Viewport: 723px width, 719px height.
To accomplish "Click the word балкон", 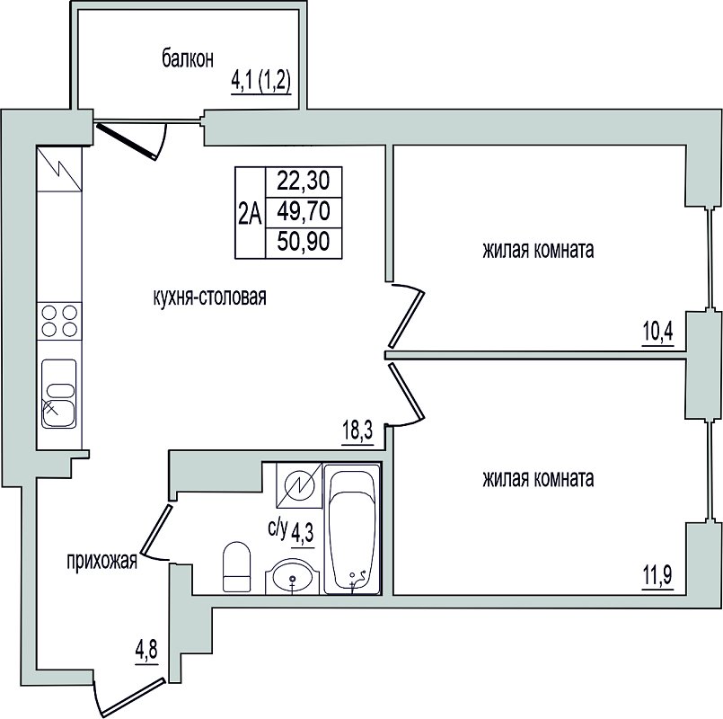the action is [x=188, y=59].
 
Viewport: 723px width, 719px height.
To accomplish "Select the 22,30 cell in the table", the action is [x=304, y=182].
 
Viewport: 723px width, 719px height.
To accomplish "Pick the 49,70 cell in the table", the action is [x=304, y=212].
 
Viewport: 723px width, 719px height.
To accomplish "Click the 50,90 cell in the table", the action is [x=304, y=243].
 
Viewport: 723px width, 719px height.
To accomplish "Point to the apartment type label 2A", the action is [x=250, y=214].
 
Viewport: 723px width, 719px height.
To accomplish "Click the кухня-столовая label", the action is [x=210, y=297].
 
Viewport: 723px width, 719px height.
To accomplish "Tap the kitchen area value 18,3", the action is [x=357, y=431].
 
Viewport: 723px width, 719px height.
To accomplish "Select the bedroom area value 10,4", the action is [x=658, y=332].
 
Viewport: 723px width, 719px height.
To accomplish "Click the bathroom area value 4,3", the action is [x=303, y=534].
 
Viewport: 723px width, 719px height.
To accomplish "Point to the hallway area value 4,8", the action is [x=146, y=650].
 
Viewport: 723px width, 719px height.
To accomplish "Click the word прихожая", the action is [x=101, y=562].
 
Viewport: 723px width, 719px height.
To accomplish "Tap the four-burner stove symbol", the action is [x=59, y=321].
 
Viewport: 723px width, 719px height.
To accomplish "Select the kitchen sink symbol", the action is [x=59, y=394].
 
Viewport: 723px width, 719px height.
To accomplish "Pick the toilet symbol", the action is [x=236, y=567].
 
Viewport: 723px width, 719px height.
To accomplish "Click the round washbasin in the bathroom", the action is [x=292, y=576].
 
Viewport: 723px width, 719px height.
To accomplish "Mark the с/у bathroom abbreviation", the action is [x=278, y=528].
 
